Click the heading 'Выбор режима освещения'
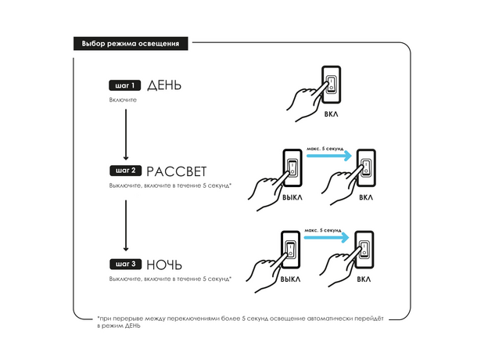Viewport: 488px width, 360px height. pos(130,44)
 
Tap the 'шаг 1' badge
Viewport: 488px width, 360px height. pos(124,85)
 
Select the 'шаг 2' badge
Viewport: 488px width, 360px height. pos(124,170)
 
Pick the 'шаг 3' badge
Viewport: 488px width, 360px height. pos(124,264)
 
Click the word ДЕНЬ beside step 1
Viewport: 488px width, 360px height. pos(164,85)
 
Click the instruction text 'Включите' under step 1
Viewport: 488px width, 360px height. pos(124,101)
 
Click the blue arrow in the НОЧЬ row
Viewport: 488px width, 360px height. pos(326,239)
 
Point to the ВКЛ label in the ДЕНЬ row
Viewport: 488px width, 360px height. pos(332,114)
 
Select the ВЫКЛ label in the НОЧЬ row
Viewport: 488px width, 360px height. pos(290,279)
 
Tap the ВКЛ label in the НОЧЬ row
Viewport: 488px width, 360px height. pos(364,279)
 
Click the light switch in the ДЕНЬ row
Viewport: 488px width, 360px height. pos(331,85)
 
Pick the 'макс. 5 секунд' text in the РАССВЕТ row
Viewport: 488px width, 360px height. pos(325,145)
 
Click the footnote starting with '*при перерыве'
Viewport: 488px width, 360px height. pos(242,322)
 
